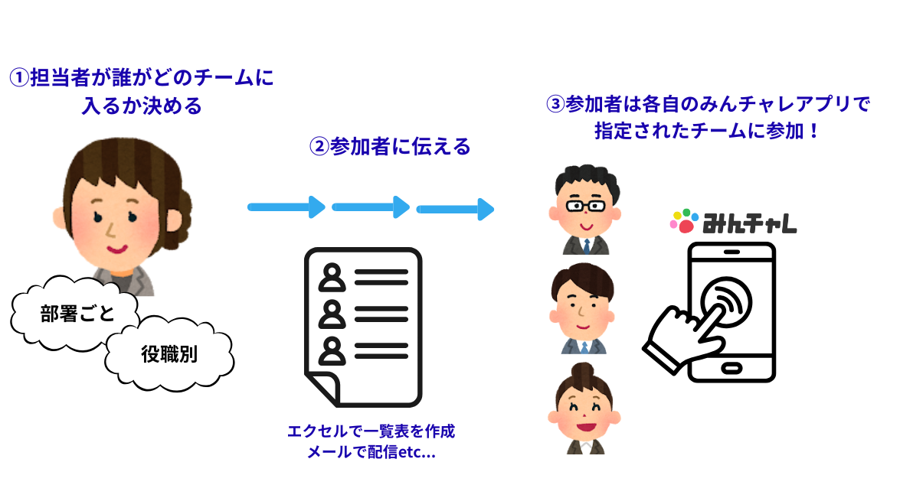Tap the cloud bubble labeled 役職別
[x=169, y=354]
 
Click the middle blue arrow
[x=371, y=207]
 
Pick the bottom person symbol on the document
[x=332, y=350]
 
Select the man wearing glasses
[x=585, y=211]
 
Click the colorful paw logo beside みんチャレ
[x=684, y=220]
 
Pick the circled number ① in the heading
[x=18, y=78]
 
